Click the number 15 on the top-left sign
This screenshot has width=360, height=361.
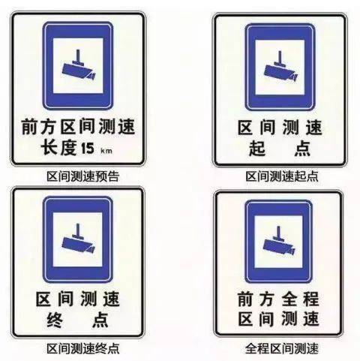[88, 148]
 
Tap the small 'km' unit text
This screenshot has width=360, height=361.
[106, 151]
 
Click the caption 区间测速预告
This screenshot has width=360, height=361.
[83, 176]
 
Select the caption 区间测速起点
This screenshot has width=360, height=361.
[282, 176]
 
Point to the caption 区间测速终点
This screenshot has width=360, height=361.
[83, 348]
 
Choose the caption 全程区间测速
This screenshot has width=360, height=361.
[282, 348]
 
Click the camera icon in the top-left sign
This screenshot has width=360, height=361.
[79, 65]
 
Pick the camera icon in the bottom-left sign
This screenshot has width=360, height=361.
[78, 238]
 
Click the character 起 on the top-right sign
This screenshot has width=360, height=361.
[257, 149]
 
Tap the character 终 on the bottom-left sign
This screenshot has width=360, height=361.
[55, 320]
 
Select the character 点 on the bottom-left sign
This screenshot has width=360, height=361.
[100, 320]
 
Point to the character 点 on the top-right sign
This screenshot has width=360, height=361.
[302, 149]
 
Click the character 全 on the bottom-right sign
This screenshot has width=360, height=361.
[289, 299]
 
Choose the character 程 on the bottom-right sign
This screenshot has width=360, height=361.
[311, 299]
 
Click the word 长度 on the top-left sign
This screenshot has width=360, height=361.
[58, 148]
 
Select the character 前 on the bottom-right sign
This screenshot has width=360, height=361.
[246, 299]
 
